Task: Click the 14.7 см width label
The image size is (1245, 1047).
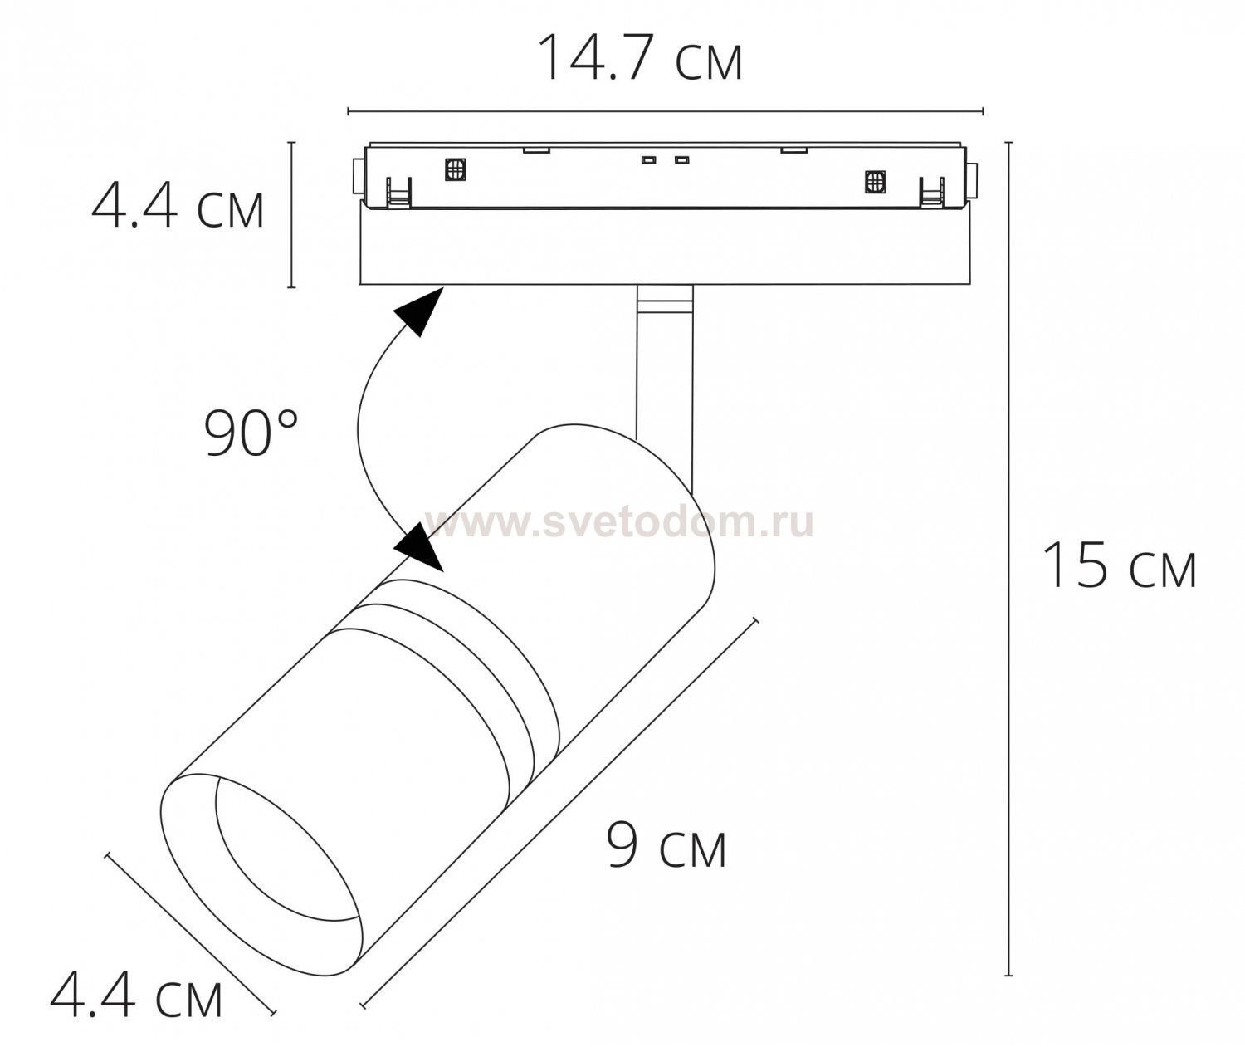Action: (x=639, y=59)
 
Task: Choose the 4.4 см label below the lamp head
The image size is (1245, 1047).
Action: (x=137, y=996)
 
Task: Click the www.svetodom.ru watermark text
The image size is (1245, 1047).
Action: (x=619, y=522)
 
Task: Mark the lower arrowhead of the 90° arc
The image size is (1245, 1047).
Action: (x=422, y=548)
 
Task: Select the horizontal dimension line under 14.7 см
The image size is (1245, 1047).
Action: (x=664, y=110)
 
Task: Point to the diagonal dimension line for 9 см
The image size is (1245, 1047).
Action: (x=560, y=814)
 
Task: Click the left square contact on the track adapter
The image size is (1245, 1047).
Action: (x=455, y=169)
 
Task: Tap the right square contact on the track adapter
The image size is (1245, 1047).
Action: (x=874, y=181)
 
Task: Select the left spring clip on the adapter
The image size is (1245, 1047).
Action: (x=398, y=193)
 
